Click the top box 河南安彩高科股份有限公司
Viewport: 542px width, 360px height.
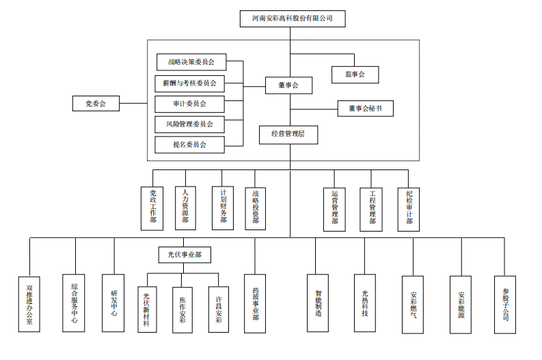[x=292, y=19]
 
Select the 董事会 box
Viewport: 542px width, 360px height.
[x=288, y=85]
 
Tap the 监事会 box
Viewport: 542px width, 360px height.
[x=355, y=74]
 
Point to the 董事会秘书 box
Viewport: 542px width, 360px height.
[x=365, y=108]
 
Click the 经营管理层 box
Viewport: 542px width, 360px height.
[x=288, y=135]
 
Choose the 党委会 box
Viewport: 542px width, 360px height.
[x=96, y=104]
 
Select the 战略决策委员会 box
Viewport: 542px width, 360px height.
[x=191, y=62]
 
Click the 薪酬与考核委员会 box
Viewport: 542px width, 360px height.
[x=189, y=83]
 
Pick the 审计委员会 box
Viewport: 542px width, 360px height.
[x=189, y=104]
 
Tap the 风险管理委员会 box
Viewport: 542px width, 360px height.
[x=189, y=124]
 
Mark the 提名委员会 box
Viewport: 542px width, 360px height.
[x=189, y=145]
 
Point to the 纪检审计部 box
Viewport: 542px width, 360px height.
[x=409, y=208]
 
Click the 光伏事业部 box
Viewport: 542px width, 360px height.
[x=185, y=255]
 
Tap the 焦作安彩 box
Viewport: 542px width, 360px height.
[x=182, y=309]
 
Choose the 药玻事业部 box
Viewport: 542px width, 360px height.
[x=255, y=303]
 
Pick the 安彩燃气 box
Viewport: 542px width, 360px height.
[x=414, y=305]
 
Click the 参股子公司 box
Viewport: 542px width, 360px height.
[x=505, y=304]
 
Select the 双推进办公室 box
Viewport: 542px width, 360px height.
[x=29, y=304]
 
